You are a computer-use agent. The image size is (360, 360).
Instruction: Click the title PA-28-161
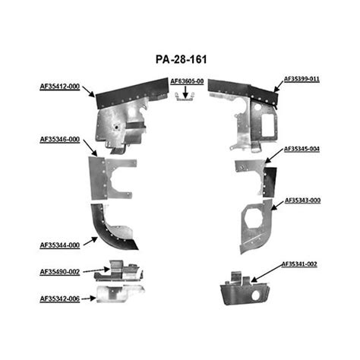[x=180, y=58]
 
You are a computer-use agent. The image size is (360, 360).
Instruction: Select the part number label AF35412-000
[x=60, y=87]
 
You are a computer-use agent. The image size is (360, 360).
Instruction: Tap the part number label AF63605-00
[x=188, y=81]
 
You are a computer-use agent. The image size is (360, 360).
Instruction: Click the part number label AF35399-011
[x=302, y=78]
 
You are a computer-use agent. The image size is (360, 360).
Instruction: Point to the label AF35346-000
[x=60, y=140]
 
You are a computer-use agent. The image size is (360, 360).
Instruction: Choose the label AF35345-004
[x=302, y=149]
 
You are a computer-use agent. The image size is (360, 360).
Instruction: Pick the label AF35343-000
[x=302, y=201]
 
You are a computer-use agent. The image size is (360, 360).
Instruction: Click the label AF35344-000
[x=60, y=245]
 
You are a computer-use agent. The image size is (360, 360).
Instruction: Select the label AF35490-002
[x=60, y=271]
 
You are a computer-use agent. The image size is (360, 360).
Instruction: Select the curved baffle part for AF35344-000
[x=114, y=228]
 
